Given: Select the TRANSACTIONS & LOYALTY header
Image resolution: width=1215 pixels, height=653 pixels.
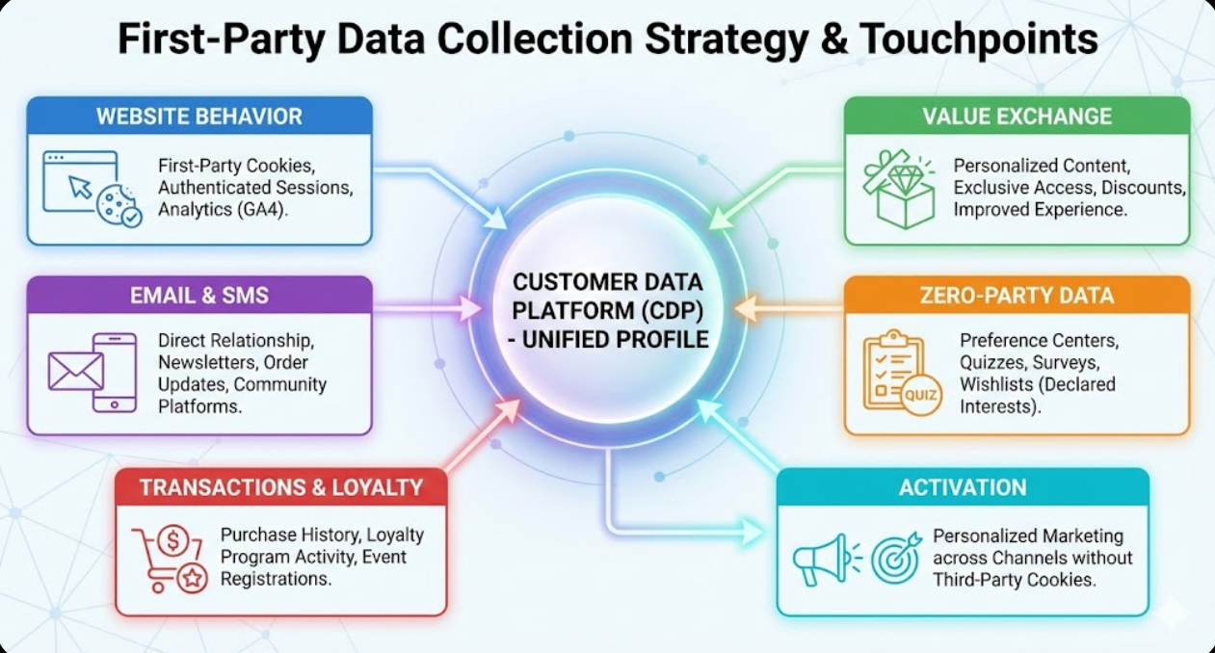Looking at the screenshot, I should point(280,487).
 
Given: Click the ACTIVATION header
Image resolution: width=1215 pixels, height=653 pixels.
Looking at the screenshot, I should point(963,487).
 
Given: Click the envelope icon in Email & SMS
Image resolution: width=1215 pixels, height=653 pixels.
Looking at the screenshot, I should point(75,371).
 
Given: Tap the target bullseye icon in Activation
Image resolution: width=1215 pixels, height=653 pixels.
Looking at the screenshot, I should point(896,559).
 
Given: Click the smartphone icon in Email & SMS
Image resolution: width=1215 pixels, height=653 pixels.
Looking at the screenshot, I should point(114,372).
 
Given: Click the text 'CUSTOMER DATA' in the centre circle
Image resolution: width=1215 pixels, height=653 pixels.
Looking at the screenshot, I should point(608,283).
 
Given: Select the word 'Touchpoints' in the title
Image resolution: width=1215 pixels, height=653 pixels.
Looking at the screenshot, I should point(978,39).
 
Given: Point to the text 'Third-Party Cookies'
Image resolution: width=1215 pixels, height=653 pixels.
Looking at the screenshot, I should point(1013,580).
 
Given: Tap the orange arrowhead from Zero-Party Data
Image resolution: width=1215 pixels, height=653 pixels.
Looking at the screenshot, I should point(743,308).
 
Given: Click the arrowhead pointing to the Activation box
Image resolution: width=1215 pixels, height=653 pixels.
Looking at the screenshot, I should point(756,529).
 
